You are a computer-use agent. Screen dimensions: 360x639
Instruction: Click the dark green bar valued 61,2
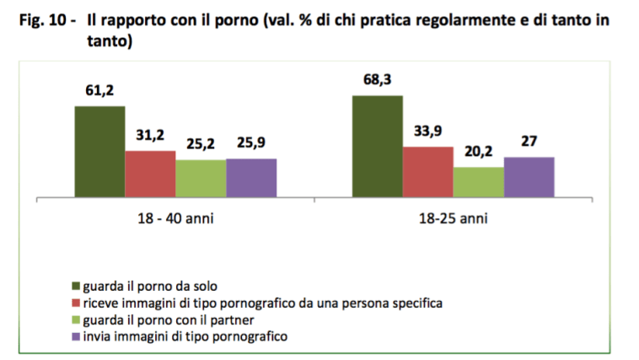pos(99,153)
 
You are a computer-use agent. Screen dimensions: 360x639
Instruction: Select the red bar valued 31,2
pos(150,175)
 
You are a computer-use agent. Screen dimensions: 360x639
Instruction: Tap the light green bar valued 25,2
pos(201,179)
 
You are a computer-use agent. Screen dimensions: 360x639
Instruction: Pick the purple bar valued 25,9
pos(251,178)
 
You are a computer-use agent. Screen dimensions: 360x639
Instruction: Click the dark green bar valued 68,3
pos(377,147)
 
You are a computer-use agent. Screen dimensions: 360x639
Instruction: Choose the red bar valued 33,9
pos(427,173)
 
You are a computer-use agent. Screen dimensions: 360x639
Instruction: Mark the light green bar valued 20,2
pos(478,182)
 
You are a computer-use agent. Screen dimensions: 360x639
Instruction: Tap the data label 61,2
pos(99,91)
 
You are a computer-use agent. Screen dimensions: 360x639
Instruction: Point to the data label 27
pos(529,141)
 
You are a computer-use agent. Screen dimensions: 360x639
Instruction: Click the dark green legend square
pos(75,286)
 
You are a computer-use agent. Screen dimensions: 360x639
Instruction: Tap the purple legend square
pos(75,336)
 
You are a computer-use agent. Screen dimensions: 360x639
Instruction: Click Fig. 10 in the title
pos(46,19)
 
